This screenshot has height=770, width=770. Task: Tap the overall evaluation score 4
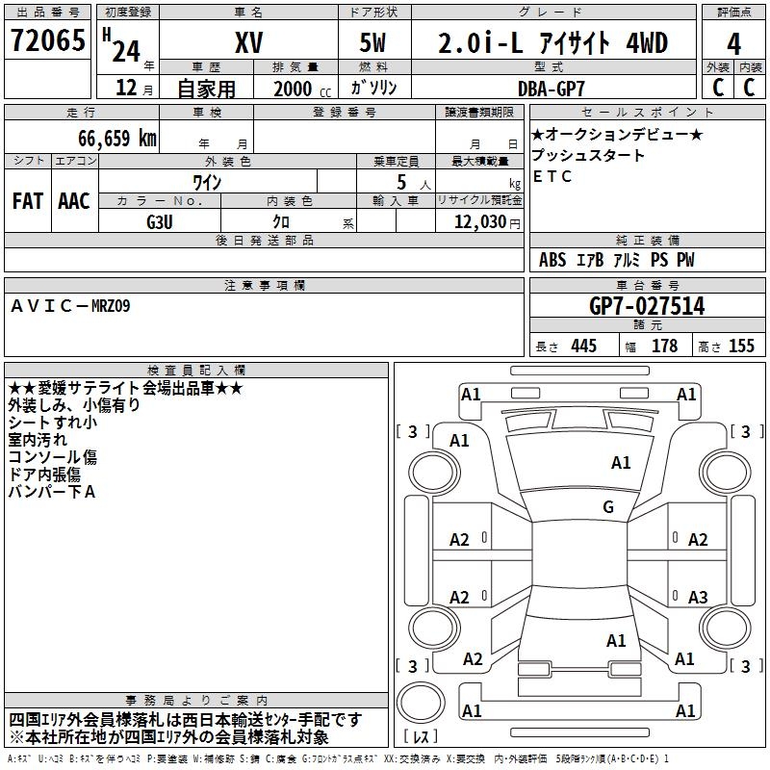tap(733, 44)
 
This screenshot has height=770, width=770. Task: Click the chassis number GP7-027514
tap(646, 307)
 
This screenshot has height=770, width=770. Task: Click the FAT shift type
tap(27, 201)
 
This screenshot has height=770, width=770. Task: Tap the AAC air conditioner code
tap(74, 201)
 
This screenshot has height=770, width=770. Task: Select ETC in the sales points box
tap(552, 176)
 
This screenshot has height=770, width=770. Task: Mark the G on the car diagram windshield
tap(608, 507)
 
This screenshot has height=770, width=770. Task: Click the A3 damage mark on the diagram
tap(698, 597)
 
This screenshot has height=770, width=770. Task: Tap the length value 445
tap(582, 346)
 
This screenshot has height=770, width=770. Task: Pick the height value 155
tap(741, 346)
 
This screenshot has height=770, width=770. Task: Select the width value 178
tap(664, 346)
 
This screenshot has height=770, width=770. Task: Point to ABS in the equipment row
tap(552, 260)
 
